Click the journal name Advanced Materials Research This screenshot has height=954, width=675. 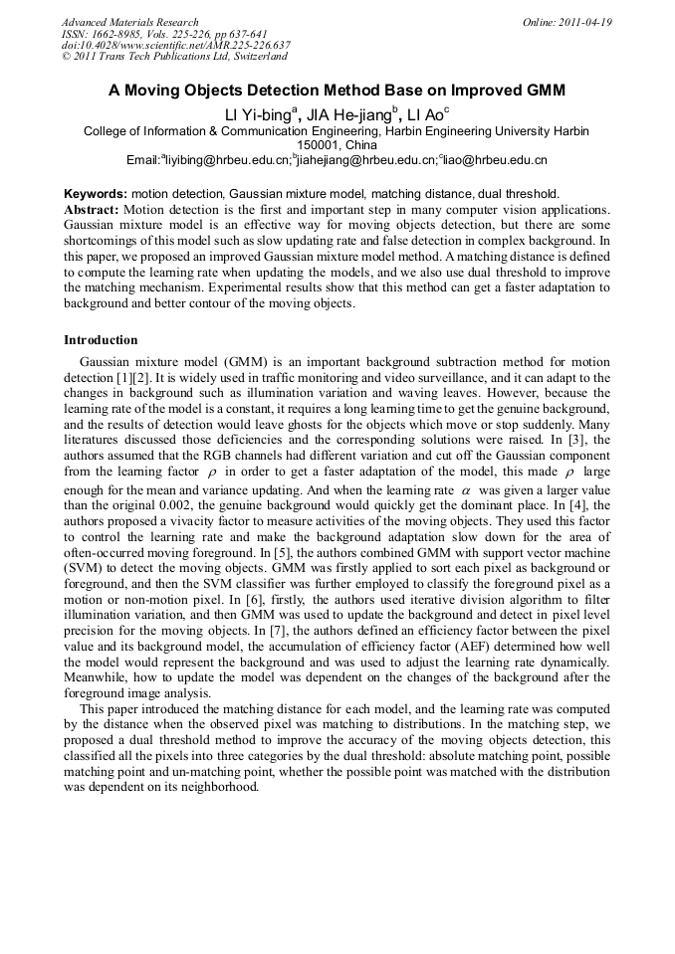point(129,22)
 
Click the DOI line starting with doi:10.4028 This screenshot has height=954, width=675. point(175,45)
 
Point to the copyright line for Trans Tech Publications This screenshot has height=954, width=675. point(174,57)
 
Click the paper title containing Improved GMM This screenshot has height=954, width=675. point(337,91)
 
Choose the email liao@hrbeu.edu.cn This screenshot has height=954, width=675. point(494,160)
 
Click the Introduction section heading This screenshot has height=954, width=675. point(101,340)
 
